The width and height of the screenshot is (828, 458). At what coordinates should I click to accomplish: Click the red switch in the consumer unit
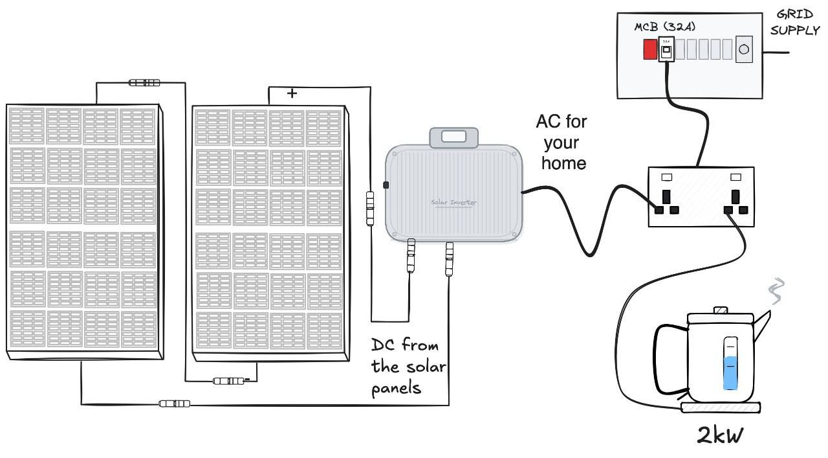tap(649, 50)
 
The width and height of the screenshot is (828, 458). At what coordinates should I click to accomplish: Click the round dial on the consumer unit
tap(745, 49)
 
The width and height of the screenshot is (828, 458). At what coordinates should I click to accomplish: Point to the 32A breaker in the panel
tap(666, 49)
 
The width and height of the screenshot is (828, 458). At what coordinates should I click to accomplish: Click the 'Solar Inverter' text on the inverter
tap(453, 202)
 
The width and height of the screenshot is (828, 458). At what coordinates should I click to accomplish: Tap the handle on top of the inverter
tap(453, 137)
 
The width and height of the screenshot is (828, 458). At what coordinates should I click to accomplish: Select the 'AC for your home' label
tap(563, 143)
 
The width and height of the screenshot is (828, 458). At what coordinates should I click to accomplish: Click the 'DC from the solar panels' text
tap(408, 366)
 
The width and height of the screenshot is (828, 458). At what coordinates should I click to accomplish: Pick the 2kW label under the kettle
tap(720, 435)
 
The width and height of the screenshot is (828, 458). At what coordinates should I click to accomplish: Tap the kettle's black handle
tap(666, 360)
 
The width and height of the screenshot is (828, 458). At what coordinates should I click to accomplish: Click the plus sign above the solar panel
tap(292, 93)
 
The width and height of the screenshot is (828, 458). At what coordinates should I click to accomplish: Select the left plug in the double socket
tap(666, 203)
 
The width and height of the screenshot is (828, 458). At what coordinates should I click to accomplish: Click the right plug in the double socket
tap(735, 203)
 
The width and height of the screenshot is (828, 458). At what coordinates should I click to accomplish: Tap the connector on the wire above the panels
tap(144, 82)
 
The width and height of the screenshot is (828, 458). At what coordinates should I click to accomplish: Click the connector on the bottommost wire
tap(175, 404)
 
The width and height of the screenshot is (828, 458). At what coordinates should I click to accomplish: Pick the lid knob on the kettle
tap(720, 310)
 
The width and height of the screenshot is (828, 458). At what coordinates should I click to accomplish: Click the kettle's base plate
tap(720, 407)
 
